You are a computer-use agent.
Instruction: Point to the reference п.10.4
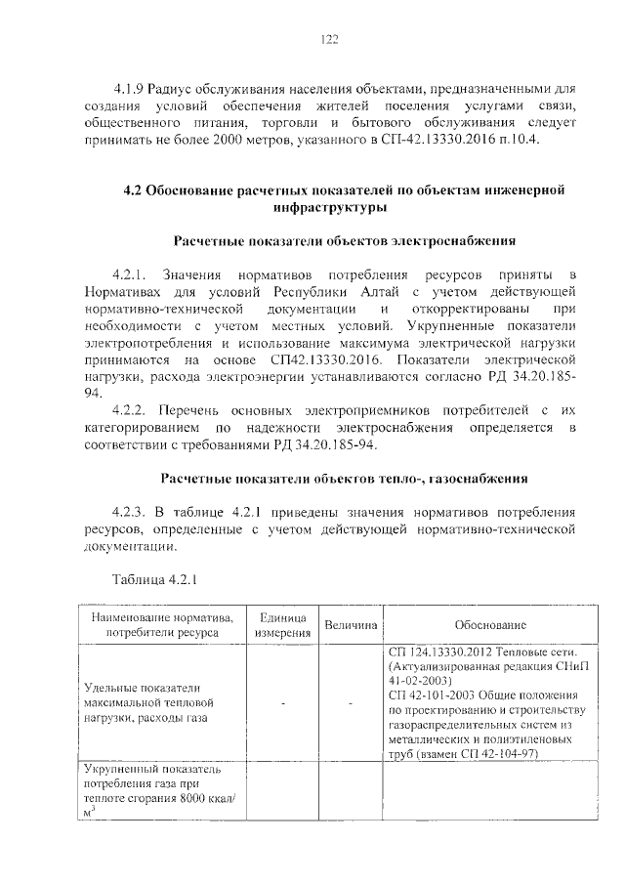pos(509,139)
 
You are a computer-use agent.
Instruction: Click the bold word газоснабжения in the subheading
pos(476,479)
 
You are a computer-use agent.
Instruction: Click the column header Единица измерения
pos(283,624)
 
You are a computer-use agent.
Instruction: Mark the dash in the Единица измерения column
pos(283,704)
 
